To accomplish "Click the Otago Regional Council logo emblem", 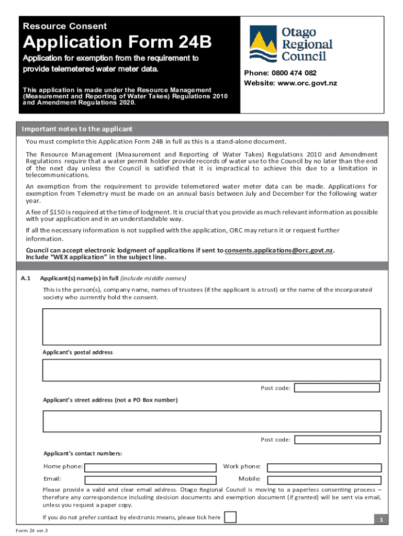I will pos(263,44).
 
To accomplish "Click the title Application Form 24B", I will pos(116,42).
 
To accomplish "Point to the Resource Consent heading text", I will pos(64,26).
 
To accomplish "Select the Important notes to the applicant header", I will pos(77,129).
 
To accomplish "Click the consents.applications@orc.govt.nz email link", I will pos(279,250).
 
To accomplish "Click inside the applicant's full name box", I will pos(211,327).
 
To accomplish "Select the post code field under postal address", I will pos(337,388).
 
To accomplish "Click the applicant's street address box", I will pos(211,421).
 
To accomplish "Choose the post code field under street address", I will pos(337,440).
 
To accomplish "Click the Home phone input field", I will pos(150,467).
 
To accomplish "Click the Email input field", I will pos(150,479).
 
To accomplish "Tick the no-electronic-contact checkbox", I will pos(230,517).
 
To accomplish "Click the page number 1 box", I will pos(382,519).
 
